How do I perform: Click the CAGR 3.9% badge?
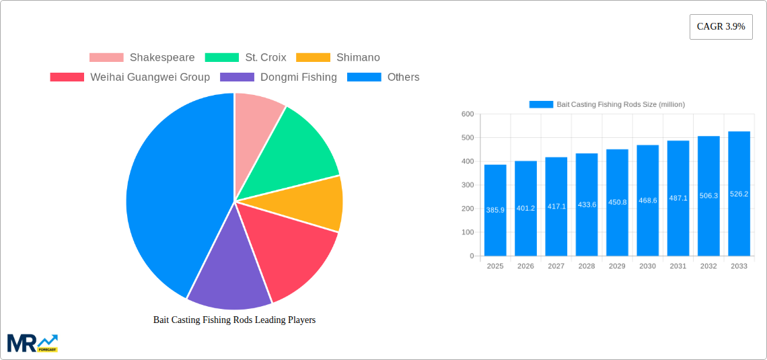pyautogui.click(x=721, y=27)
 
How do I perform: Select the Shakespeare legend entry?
pyautogui.click(x=142, y=58)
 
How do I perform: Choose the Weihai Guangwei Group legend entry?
pyautogui.click(x=130, y=77)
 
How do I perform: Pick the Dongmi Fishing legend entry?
pyautogui.click(x=279, y=77)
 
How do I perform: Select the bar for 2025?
pyautogui.click(x=495, y=210)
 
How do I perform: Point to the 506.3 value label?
pyautogui.click(x=708, y=196)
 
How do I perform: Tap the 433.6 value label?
pyautogui.click(x=587, y=205)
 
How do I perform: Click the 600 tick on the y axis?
pyautogui.click(x=467, y=114)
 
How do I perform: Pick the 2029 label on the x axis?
pyautogui.click(x=617, y=266)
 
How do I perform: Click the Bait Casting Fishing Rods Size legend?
pyautogui.click(x=607, y=104)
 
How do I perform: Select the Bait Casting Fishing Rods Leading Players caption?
pyautogui.click(x=234, y=320)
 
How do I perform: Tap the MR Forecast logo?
pyautogui.click(x=32, y=343)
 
